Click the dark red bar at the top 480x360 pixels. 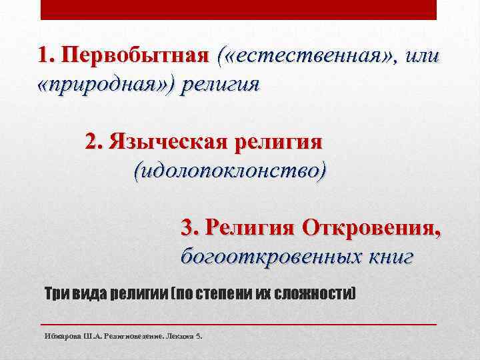point(239,9)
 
